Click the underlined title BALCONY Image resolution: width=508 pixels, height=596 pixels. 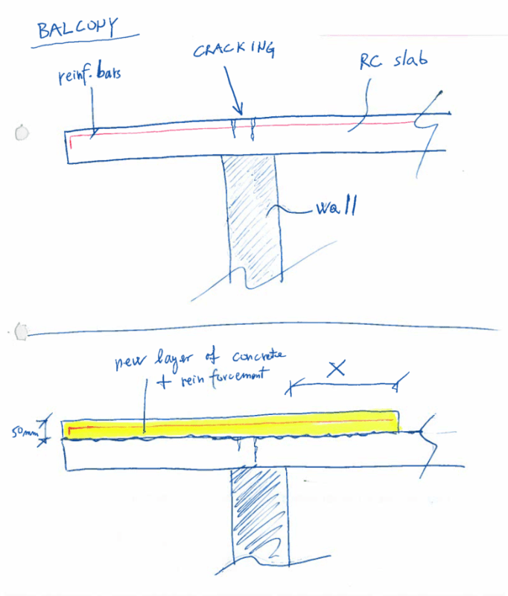tap(77, 28)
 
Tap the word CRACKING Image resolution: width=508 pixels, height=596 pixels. tap(235, 51)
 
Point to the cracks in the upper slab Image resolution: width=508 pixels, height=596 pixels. tap(243, 127)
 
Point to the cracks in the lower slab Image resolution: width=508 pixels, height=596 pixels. tap(247, 450)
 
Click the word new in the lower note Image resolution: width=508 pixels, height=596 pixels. tap(127, 364)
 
